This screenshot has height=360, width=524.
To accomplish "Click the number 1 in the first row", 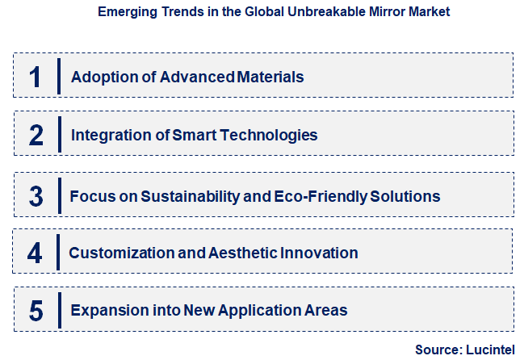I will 34,77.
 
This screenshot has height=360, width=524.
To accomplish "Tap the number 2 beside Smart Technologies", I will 36,135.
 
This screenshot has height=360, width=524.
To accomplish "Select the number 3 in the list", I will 36,195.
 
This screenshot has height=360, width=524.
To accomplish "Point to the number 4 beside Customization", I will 34,253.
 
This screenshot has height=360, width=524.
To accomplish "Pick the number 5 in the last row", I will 36,310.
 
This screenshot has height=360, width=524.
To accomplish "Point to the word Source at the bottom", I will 436,350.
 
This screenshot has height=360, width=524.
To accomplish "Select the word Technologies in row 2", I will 267,135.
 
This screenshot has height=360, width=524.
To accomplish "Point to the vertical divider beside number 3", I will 59,195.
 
